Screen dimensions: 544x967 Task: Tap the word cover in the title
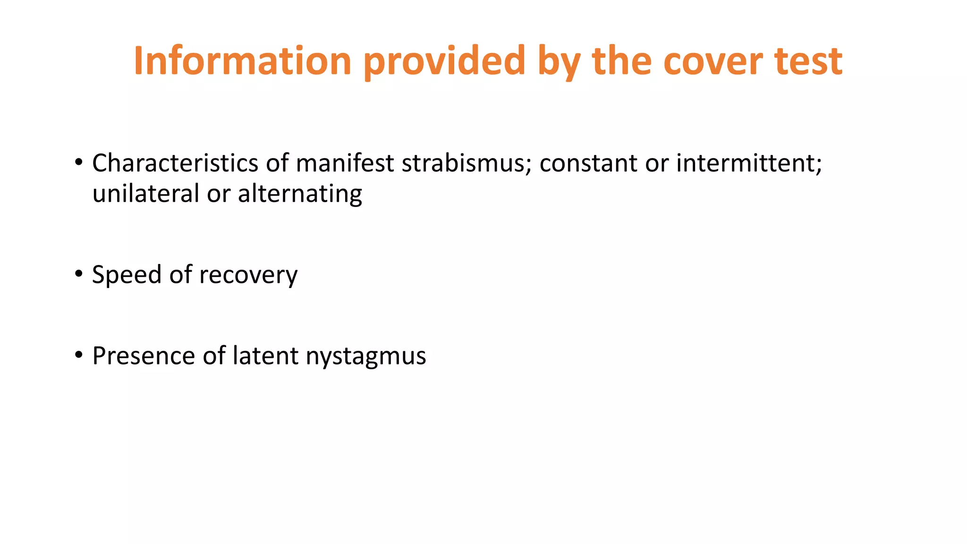coord(713,61)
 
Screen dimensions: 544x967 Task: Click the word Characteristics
coord(175,163)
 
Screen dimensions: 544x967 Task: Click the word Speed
coord(127,275)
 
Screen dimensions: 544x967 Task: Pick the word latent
coord(266,356)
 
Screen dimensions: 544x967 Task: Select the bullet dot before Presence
coord(79,355)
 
